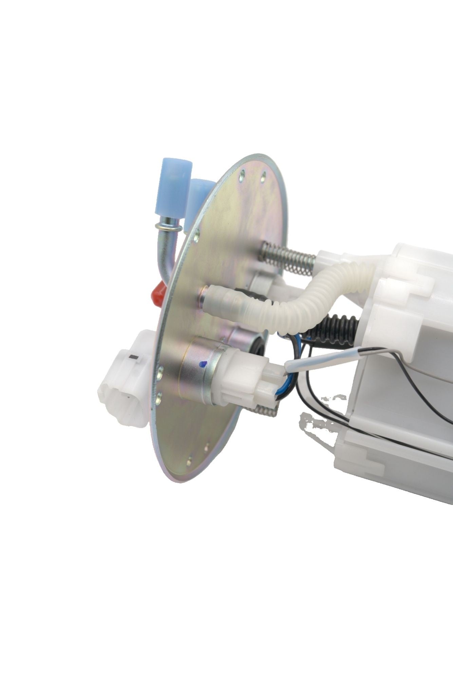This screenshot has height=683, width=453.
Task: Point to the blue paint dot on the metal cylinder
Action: click(203, 364)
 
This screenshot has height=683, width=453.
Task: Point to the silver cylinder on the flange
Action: click(200, 373)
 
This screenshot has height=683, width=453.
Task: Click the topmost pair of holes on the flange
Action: click(252, 175)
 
